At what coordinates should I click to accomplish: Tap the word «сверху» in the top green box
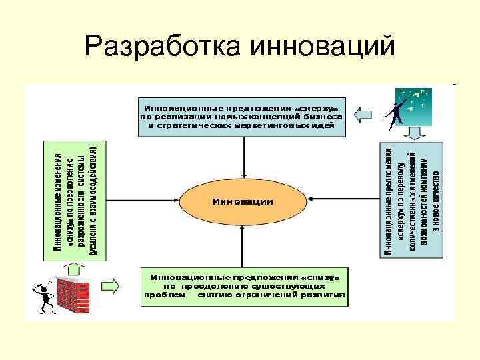click(x=321, y=107)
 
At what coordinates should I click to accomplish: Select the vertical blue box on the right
click(x=412, y=201)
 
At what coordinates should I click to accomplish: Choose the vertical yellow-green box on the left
click(x=72, y=199)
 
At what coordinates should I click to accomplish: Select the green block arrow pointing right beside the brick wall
click(x=108, y=286)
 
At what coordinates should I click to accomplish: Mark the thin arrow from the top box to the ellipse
click(x=245, y=156)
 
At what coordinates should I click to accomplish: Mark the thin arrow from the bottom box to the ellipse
click(x=243, y=244)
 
